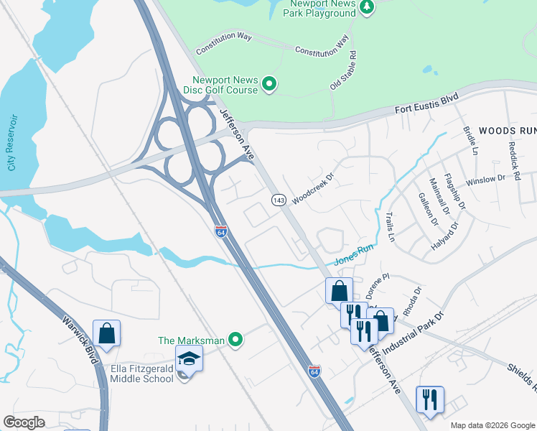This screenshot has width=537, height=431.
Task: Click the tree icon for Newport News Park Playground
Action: (x=367, y=7)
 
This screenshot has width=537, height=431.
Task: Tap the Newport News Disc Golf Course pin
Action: (x=269, y=85)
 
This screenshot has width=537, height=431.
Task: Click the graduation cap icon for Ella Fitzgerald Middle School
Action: (x=190, y=358)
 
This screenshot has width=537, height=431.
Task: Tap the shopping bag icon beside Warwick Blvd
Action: (x=106, y=333)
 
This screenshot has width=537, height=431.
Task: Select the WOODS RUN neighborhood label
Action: (x=507, y=131)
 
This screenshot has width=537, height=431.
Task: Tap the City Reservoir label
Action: (x=11, y=142)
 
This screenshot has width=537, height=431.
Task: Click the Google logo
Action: (x=24, y=422)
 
